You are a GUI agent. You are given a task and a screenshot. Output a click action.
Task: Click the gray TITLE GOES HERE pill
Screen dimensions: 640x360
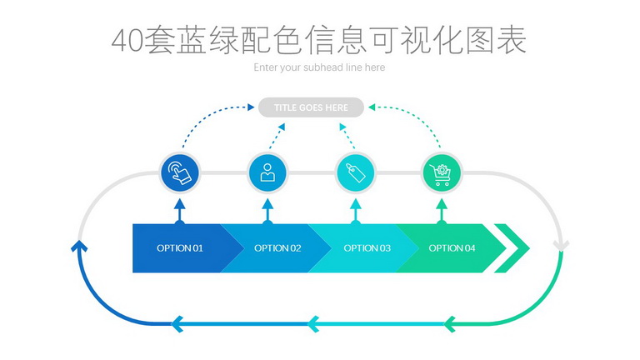[311, 107]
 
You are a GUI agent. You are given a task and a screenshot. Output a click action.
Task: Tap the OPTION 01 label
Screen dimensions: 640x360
[180, 248]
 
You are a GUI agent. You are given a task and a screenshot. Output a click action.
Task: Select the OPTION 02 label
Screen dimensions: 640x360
[277, 248]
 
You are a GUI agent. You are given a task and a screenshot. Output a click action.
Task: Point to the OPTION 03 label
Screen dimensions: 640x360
[367, 248]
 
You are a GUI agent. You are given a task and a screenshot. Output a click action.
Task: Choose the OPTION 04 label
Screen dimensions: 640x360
[452, 248]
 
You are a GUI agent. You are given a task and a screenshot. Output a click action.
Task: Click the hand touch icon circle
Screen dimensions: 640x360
[180, 172]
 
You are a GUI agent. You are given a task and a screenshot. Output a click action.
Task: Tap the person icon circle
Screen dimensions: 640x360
[267, 172]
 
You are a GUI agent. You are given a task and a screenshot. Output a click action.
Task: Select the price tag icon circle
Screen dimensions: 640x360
[356, 172]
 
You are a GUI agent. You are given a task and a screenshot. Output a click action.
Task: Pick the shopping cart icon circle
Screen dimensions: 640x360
[441, 172]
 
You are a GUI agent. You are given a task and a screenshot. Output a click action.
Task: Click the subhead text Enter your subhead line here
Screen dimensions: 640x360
[319, 67]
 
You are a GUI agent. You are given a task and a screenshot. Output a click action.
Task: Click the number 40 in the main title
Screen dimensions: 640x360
[127, 41]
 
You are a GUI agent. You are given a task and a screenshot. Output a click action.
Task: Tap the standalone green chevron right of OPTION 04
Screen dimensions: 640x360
[512, 248]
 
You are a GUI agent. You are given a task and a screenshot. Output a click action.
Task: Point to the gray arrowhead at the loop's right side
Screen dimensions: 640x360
[561, 246]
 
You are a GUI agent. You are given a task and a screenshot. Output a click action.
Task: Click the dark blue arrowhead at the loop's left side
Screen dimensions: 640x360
[79, 246]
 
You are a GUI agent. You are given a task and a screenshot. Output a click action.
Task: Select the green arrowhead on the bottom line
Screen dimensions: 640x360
[449, 324]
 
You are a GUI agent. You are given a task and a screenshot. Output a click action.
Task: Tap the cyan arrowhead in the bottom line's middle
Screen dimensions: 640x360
[313, 324]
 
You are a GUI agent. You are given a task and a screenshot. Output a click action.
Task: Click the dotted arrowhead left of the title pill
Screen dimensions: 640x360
[251, 107]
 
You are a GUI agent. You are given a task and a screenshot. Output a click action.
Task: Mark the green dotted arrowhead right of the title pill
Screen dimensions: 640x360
[372, 107]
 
